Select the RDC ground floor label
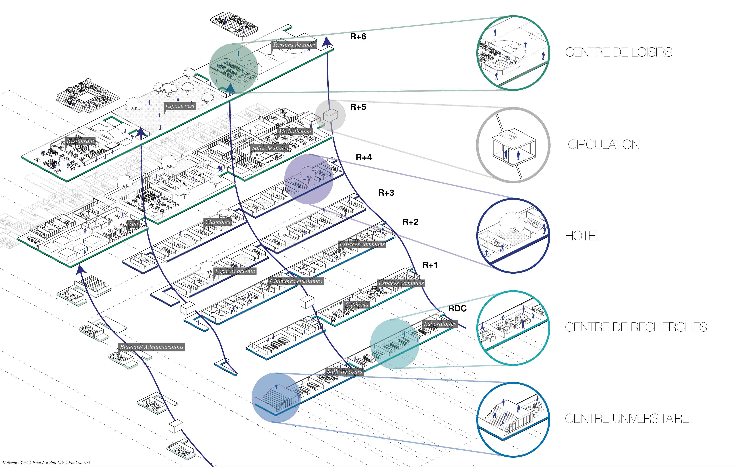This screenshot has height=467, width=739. pos(457,309)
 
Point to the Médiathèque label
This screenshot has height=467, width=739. pos(295,131)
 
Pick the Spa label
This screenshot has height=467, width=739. pos(133,224)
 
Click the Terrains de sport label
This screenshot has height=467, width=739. pos(294,45)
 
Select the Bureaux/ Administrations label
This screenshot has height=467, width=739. pos(152,347)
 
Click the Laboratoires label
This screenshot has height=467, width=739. pos(440,324)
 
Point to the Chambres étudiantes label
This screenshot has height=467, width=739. pos(296,281)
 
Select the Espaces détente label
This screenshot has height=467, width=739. pos(235,271)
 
